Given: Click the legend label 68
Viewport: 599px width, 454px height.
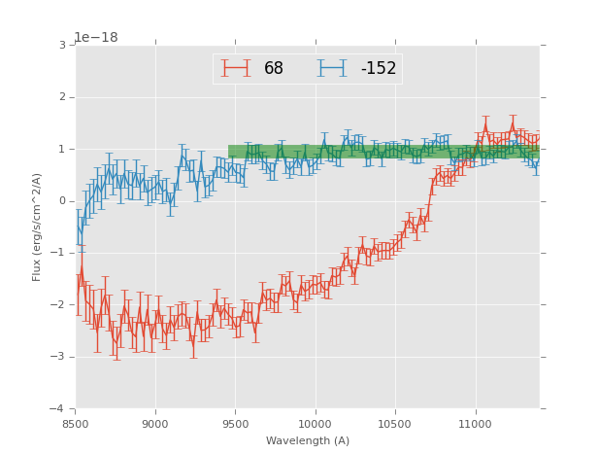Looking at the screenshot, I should click(274, 69).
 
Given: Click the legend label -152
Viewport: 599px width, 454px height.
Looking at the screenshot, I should click(379, 69).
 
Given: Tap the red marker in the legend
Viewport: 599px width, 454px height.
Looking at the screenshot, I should click(235, 68).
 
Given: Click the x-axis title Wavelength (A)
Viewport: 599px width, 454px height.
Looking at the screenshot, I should click(308, 441).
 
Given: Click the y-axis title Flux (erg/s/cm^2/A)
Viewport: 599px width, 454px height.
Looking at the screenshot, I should click(37, 227).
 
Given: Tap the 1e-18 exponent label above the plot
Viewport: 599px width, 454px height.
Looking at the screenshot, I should click(96, 37).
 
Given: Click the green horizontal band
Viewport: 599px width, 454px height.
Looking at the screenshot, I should click(383, 152).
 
